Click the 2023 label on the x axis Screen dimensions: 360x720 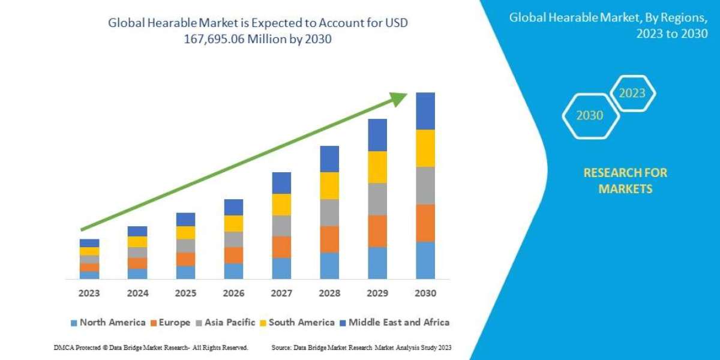89,293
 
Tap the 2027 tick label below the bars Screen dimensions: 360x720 281,293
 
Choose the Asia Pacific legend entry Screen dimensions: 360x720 227,322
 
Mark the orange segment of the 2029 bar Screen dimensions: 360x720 377,231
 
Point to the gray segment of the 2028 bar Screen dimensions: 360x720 329,212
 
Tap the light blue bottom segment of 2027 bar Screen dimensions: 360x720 281,268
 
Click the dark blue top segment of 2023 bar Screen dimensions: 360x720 89,243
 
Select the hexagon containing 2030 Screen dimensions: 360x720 590,115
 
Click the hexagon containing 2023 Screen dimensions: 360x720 632,93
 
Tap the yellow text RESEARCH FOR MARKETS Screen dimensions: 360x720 625,181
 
